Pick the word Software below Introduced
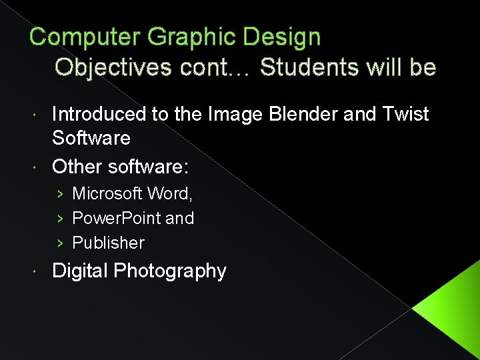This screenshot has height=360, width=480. coord(91,139)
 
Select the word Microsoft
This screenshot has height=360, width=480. coord(107,193)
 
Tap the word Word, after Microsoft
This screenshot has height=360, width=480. coord(171,193)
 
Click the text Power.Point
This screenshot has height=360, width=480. coord(114,218)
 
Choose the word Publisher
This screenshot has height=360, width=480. coord(108,243)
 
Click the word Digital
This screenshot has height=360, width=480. coord(81,271)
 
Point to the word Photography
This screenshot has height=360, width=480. coord(170,271)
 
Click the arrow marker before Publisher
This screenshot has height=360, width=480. coord(59,243)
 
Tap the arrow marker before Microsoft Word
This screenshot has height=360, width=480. coord(59,193)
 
